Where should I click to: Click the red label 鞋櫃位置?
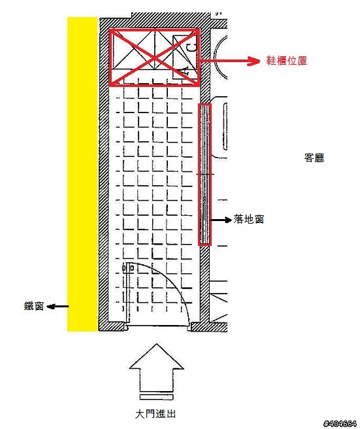pyautogui.click(x=287, y=60)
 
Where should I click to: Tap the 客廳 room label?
pyautogui.click(x=314, y=158)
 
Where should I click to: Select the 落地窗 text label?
pyautogui.click(x=248, y=219)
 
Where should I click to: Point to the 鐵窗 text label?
pyautogui.click(x=33, y=306)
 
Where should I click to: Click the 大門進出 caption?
pyautogui.click(x=155, y=414)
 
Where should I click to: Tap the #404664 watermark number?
pyautogui.click(x=340, y=424)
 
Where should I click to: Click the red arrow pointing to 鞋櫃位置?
pyautogui.click(x=229, y=61)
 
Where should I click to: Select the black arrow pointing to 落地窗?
pyautogui.click(x=221, y=220)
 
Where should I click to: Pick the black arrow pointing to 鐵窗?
pyautogui.click(x=57, y=307)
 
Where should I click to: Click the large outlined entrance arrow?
pyautogui.click(x=156, y=368)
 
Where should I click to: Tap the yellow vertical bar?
pyautogui.click(x=82, y=174)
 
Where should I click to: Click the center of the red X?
pyautogui.click(x=154, y=58)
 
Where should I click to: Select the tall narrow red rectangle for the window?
pyautogui.click(x=205, y=174)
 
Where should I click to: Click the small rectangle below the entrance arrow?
pyautogui.click(x=156, y=397)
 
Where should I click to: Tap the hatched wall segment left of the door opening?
pyautogui.click(x=112, y=326)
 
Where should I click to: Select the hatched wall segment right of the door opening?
pyautogui.click(x=209, y=327)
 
